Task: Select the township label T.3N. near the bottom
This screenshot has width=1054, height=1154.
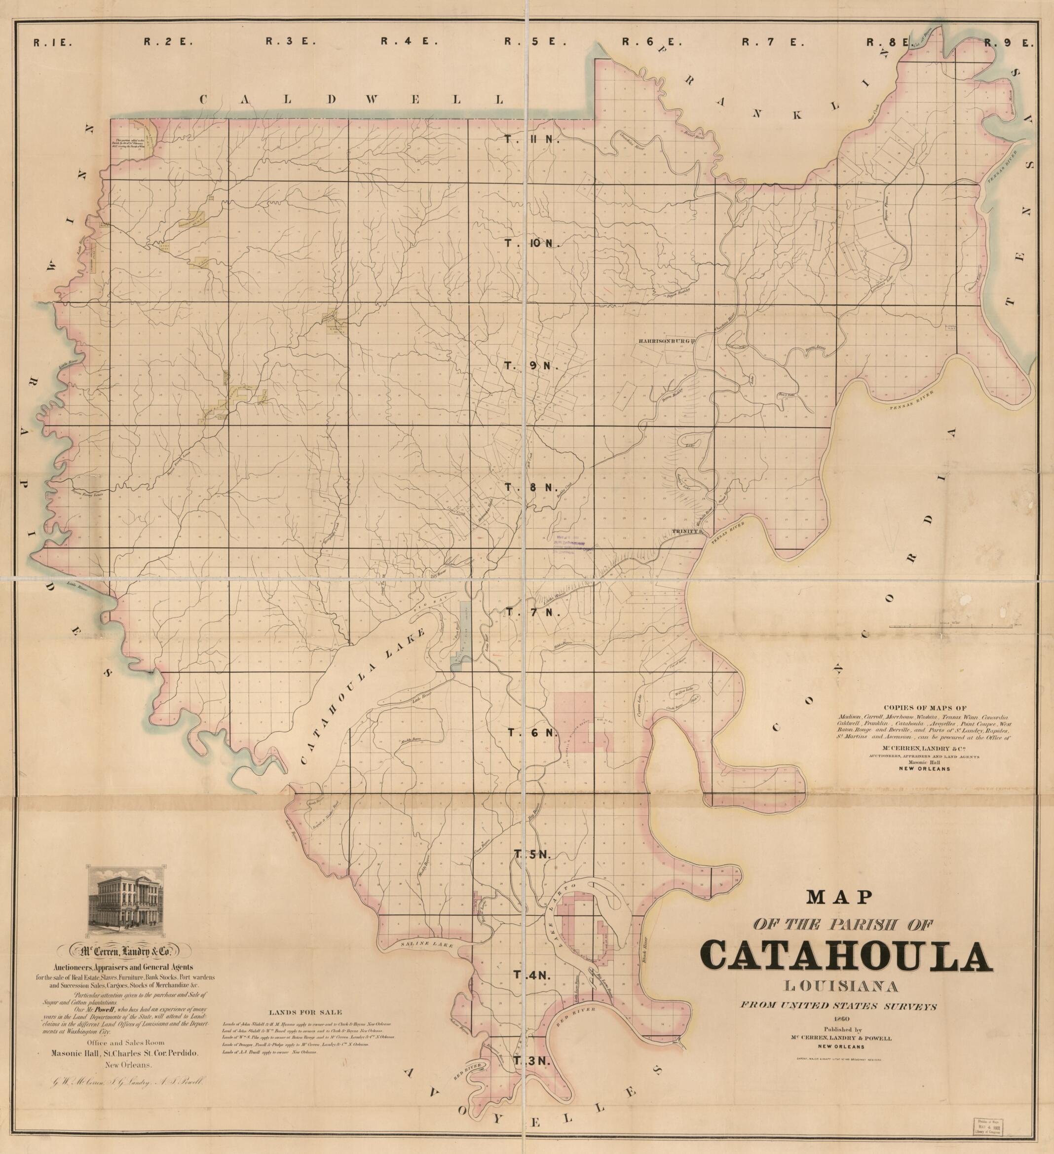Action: pos(531,1061)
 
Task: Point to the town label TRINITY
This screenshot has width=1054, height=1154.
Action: pos(686,531)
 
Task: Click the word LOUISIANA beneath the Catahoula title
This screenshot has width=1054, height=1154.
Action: pos(847,987)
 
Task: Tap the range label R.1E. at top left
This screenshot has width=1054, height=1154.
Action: pos(52,42)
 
